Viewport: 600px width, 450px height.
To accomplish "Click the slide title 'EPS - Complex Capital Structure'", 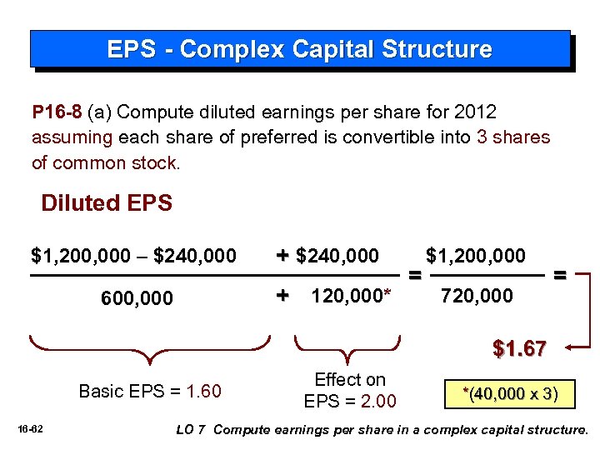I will (x=299, y=49).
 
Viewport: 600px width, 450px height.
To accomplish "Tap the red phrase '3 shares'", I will (x=513, y=137).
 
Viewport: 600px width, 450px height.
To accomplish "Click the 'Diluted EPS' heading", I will (x=107, y=203).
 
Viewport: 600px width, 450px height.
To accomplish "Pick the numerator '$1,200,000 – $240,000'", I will (x=133, y=255).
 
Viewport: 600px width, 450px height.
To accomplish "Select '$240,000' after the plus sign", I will (x=337, y=255).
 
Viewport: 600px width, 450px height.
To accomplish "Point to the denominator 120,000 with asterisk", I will (x=350, y=295).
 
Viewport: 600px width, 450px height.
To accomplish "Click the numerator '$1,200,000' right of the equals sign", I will (x=476, y=255).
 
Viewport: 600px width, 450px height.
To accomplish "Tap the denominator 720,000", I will (x=477, y=295).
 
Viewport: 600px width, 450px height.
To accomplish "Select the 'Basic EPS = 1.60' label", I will (x=149, y=391).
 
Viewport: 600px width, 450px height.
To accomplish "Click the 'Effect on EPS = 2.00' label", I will (x=350, y=391).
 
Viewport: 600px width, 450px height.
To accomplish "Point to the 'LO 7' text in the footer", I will (x=192, y=430).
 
